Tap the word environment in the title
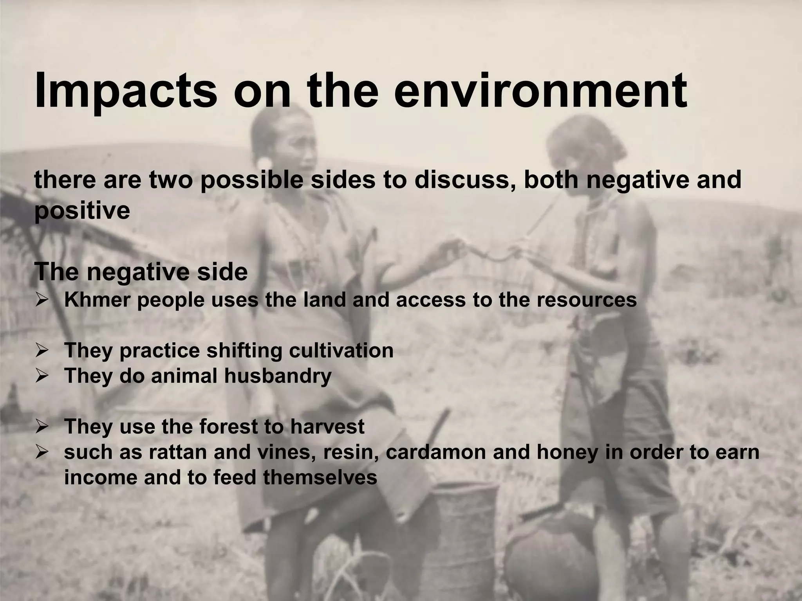(540, 91)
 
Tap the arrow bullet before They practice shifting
(42, 351)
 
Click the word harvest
(327, 426)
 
